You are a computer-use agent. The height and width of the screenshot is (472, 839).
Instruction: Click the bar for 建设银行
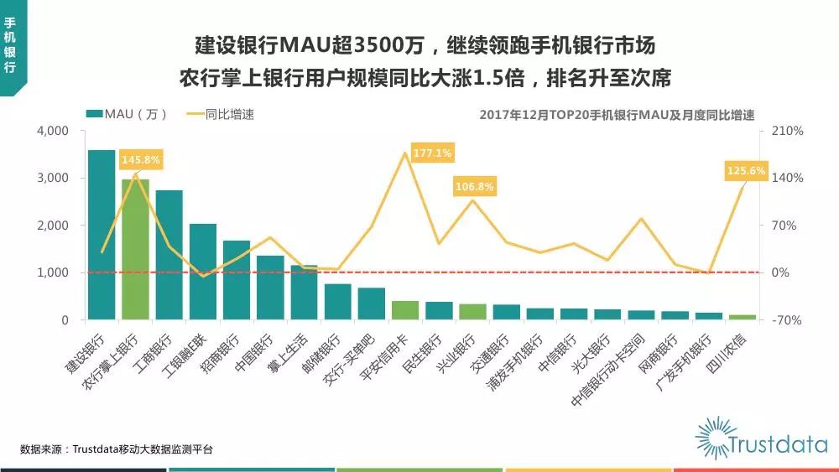click(x=102, y=235)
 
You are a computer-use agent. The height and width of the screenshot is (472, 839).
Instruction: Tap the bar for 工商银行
click(x=169, y=255)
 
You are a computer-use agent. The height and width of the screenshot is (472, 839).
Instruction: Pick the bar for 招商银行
click(x=237, y=280)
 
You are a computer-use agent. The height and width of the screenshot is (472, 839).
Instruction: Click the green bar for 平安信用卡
click(x=405, y=310)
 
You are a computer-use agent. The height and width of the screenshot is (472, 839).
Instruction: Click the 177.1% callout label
click(x=432, y=153)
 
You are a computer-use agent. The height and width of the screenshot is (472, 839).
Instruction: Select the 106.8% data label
click(x=475, y=186)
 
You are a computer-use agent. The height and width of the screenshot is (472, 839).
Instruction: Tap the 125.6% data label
click(x=746, y=170)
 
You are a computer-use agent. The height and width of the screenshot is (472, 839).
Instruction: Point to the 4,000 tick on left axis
click(x=53, y=132)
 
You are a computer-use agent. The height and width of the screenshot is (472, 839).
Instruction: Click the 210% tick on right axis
click(x=788, y=132)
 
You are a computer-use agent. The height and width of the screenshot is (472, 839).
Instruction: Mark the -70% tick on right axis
click(x=788, y=320)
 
